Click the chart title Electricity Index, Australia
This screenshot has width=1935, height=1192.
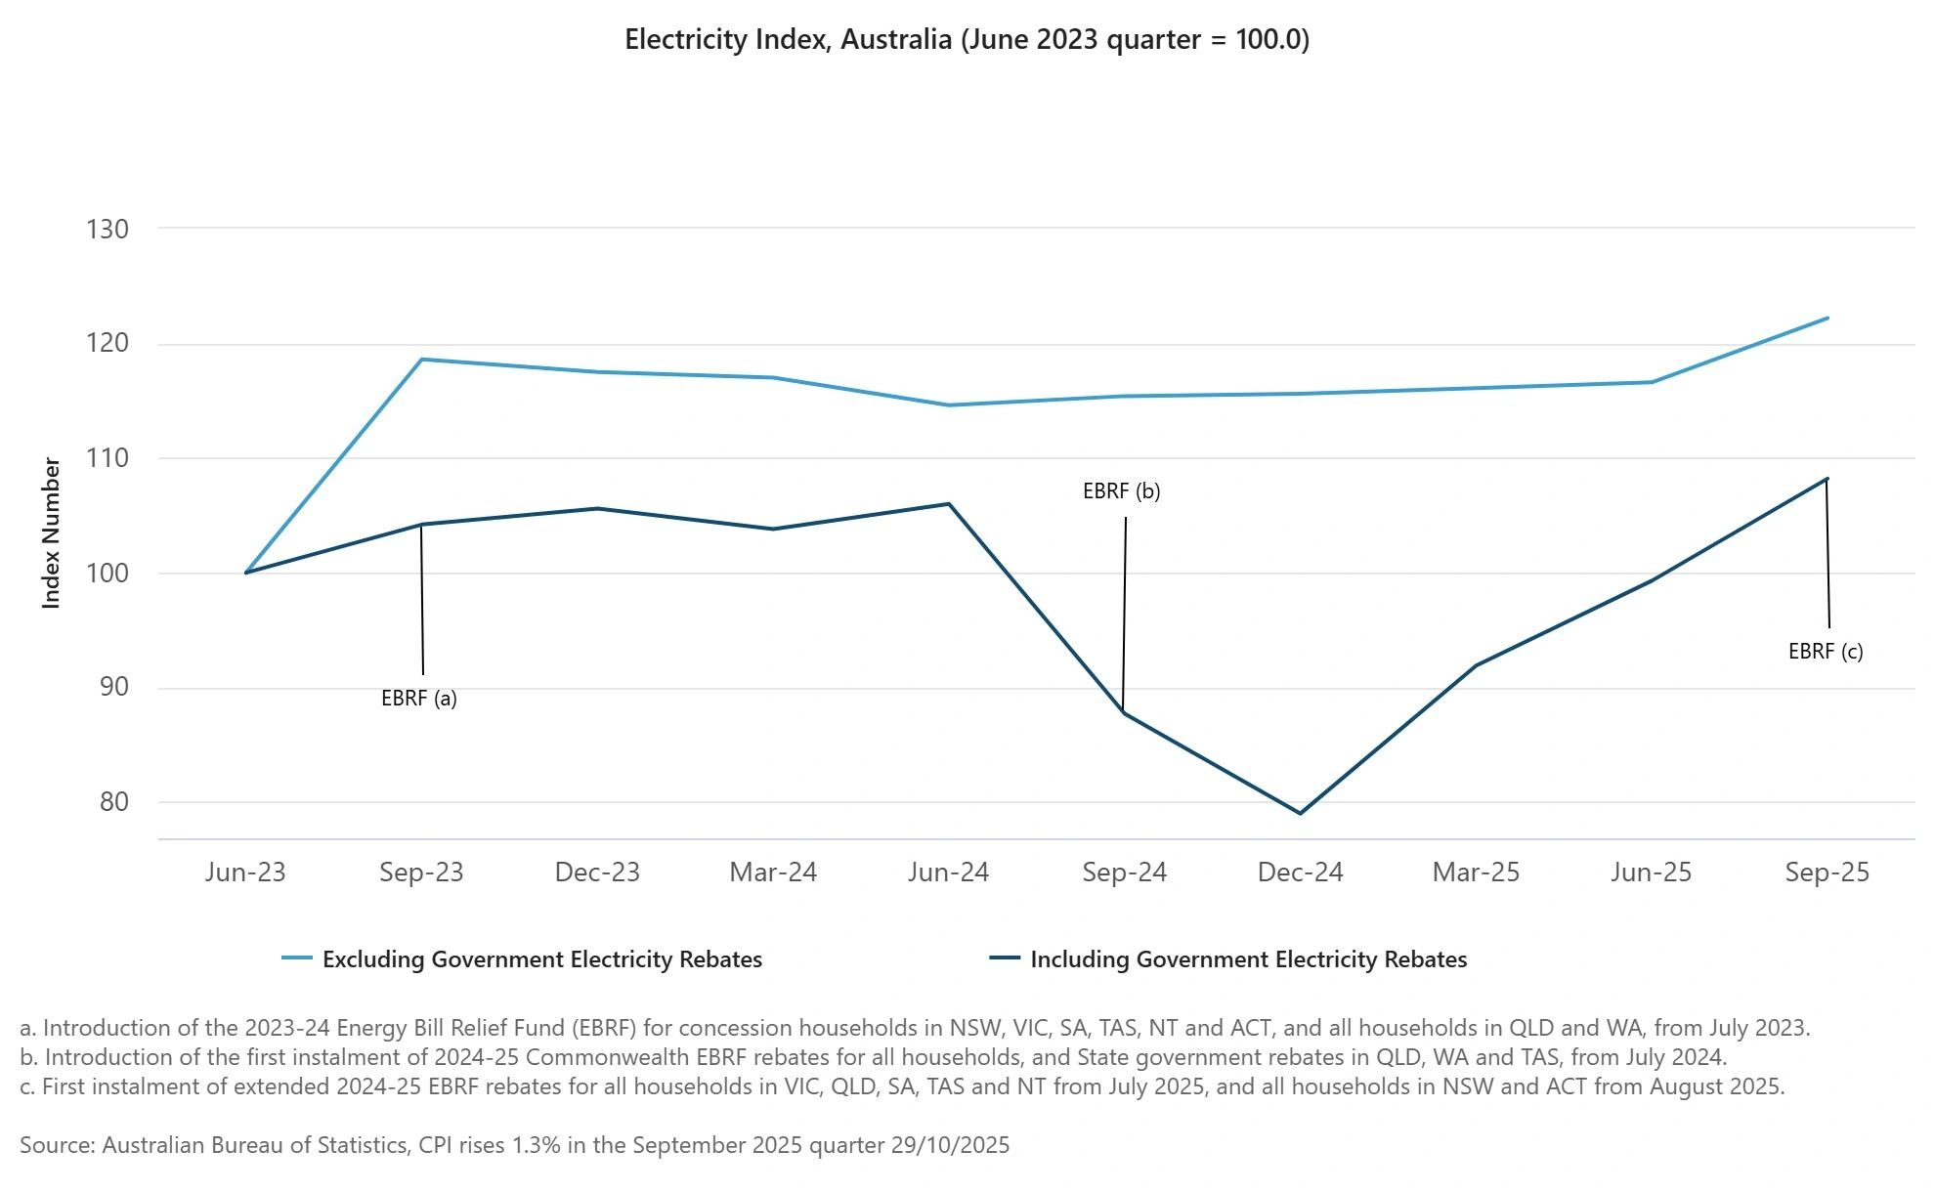click(967, 40)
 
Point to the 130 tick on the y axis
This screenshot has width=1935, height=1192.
click(107, 229)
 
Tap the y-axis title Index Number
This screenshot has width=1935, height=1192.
click(52, 533)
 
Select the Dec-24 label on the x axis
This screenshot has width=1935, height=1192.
click(1300, 873)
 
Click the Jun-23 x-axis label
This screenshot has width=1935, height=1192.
click(245, 873)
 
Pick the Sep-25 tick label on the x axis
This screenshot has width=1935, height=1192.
click(1827, 873)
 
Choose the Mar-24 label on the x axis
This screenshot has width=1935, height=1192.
click(773, 873)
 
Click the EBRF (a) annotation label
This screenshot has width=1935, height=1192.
click(419, 699)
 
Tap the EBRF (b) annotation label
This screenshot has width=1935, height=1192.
click(1121, 491)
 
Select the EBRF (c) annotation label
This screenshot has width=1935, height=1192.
click(1826, 652)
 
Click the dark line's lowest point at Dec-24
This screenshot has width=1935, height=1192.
click(1300, 813)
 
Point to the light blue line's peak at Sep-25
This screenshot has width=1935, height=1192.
click(1827, 319)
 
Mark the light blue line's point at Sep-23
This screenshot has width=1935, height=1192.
click(421, 360)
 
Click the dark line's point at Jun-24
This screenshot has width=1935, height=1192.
click(949, 504)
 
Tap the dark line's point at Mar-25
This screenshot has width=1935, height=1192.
click(1476, 665)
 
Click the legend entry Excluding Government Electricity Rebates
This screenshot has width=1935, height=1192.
click(541, 959)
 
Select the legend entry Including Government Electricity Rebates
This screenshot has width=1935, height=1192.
click(1248, 959)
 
